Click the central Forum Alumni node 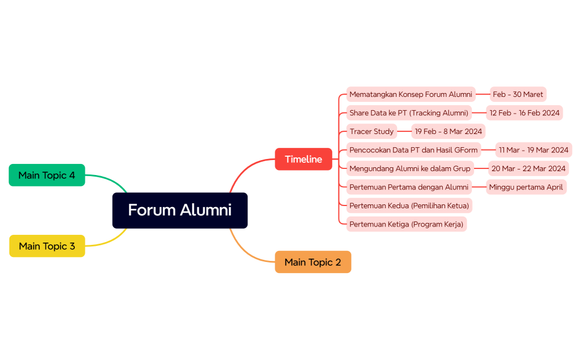179,210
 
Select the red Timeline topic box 304,160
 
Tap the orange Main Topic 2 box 313,262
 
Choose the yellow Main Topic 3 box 47,246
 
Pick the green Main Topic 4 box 47,175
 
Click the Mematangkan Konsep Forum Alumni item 410,94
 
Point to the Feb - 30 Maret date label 518,94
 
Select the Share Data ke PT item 409,113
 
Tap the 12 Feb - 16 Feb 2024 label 524,113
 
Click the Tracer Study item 372,131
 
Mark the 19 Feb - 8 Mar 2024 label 448,131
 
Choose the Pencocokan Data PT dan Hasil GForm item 413,150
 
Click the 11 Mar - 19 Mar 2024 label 533,150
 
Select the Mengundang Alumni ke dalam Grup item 410,168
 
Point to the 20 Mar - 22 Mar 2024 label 528,168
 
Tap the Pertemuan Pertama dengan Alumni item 409,187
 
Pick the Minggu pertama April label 526,187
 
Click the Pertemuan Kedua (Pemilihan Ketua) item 409,205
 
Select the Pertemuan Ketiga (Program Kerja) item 406,224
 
